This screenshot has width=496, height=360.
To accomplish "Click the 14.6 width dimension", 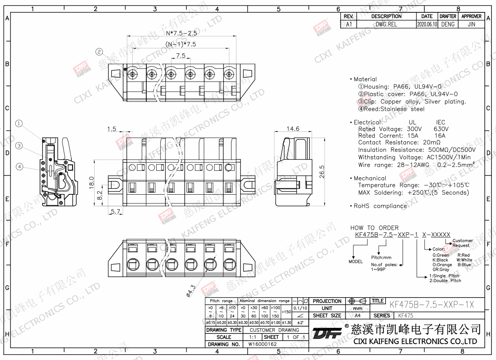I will coord(293,129).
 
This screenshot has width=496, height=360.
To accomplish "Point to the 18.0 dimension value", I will coord(92,182).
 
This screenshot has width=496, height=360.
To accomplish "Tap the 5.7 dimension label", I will coord(116,212).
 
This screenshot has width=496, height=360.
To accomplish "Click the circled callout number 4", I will coord(19,167).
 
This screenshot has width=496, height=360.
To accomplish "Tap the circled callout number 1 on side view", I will coord(19,123).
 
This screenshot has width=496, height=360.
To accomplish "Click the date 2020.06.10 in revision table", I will coord(427,24).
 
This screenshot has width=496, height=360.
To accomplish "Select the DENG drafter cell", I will coord(448,24).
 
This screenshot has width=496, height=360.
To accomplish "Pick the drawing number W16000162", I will coord(262,344).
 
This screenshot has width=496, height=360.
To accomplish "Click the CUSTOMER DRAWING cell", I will coord(274,330).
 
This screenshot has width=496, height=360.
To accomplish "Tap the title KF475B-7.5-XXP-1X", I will coord(432,304).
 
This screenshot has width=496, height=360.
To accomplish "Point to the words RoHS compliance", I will coord(380,206).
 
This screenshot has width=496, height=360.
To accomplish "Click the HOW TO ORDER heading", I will coord(374,228).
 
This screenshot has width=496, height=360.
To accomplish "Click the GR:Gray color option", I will coord(441,269).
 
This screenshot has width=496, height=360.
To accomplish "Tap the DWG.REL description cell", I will coord(386,24).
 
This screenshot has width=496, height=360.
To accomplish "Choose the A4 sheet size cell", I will coord(358,315).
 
